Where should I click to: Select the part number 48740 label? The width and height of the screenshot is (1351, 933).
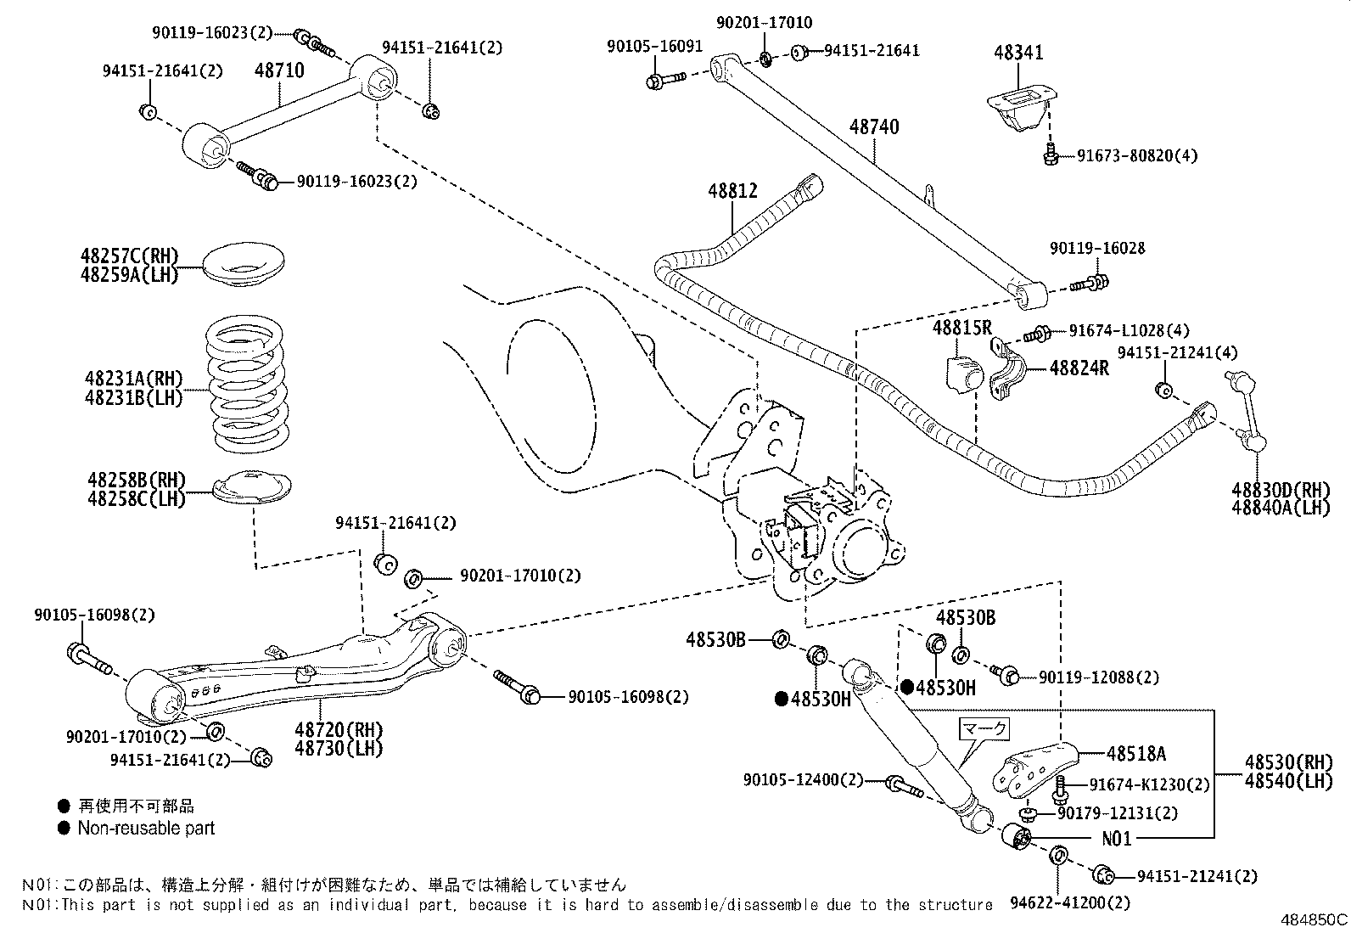(874, 127)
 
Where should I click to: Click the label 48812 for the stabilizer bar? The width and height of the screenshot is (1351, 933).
(733, 192)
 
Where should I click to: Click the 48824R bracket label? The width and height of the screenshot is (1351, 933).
(1079, 368)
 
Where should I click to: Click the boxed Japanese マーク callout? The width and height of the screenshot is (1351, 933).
(985, 728)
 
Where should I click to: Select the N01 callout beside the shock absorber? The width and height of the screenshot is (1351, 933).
(1117, 840)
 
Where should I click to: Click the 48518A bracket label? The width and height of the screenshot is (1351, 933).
(1135, 753)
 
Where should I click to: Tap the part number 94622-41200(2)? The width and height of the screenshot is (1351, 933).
(1072, 903)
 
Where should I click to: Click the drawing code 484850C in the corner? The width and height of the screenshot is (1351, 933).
(1314, 919)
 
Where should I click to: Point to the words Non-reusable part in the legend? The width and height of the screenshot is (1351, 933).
(146, 828)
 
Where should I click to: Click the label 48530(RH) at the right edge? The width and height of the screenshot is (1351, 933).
(1289, 762)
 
